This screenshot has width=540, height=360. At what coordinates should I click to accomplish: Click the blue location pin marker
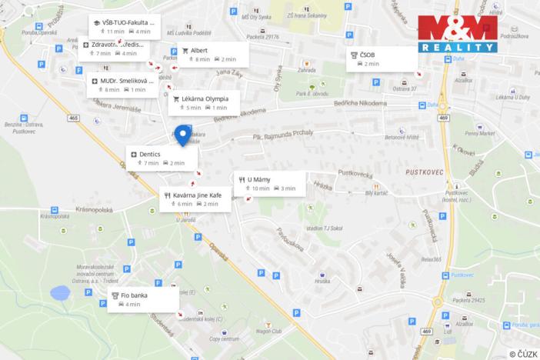click(183, 135)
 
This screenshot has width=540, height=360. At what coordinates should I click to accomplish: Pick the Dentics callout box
click(162, 158)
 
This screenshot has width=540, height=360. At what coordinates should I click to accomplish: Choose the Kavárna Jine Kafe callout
click(195, 199)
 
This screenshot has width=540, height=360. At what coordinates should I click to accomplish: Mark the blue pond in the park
click(58, 292)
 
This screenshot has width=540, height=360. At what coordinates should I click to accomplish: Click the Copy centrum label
click(225, 338)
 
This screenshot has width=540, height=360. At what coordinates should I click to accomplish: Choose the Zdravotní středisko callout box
click(118, 48)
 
